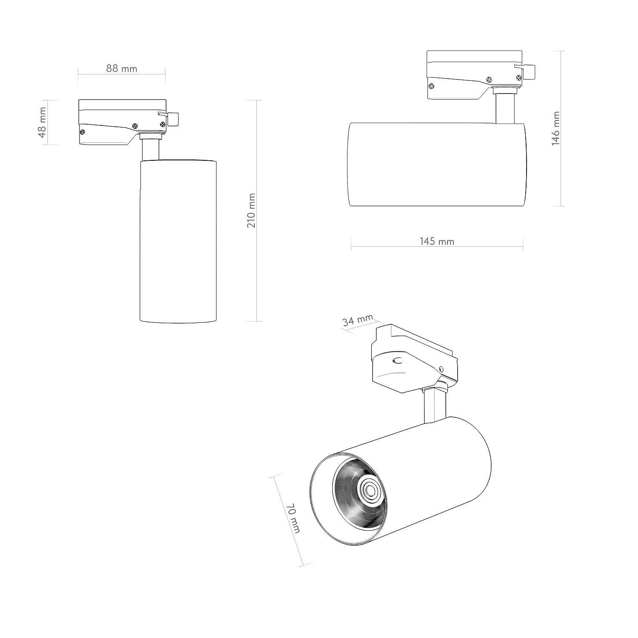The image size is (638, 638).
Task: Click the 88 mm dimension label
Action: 122,68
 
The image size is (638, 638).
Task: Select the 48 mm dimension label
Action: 42,122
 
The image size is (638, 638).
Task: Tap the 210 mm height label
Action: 251,211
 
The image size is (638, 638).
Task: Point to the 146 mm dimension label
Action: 555,128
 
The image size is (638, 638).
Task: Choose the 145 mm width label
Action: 437,242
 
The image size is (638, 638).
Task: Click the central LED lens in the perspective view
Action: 368,491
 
